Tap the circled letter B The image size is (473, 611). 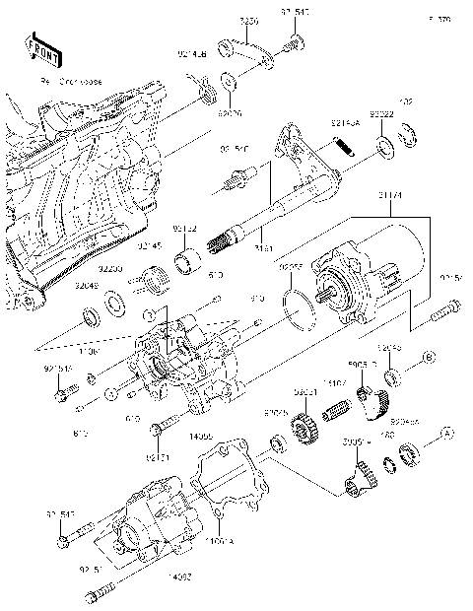coord(429,356)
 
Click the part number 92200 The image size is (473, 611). coord(109,267)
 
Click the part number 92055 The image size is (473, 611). coord(289,267)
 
